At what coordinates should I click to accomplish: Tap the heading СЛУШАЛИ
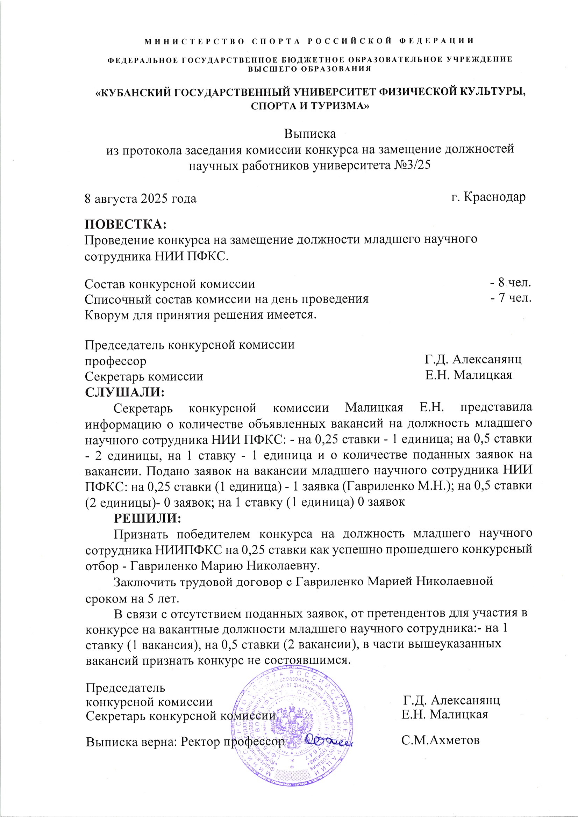[x=124, y=392]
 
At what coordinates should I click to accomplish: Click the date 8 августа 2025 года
[x=140, y=198]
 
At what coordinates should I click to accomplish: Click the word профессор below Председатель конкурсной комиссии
[x=115, y=361]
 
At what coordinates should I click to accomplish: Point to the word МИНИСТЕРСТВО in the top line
[x=194, y=41]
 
